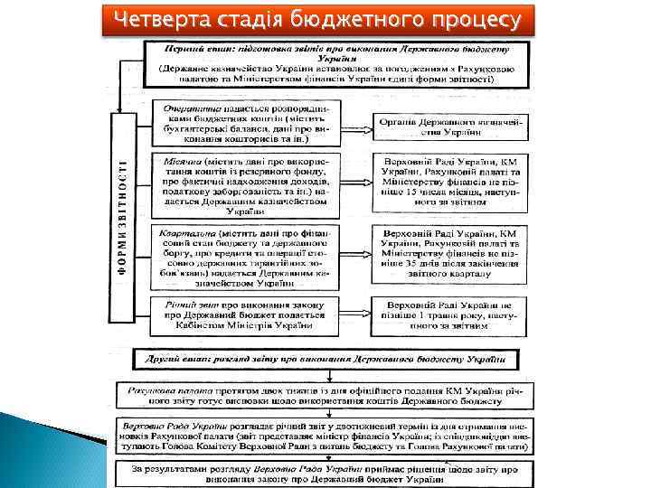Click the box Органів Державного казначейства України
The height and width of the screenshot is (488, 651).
(448, 126)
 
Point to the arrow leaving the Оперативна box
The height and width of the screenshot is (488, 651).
(357, 127)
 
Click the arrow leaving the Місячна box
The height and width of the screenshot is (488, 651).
(357, 184)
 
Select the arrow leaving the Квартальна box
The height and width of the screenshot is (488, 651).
(357, 256)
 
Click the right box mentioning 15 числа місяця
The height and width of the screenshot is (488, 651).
(448, 184)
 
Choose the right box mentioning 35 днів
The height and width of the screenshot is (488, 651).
(448, 256)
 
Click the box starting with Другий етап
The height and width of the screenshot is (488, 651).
(326, 360)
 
